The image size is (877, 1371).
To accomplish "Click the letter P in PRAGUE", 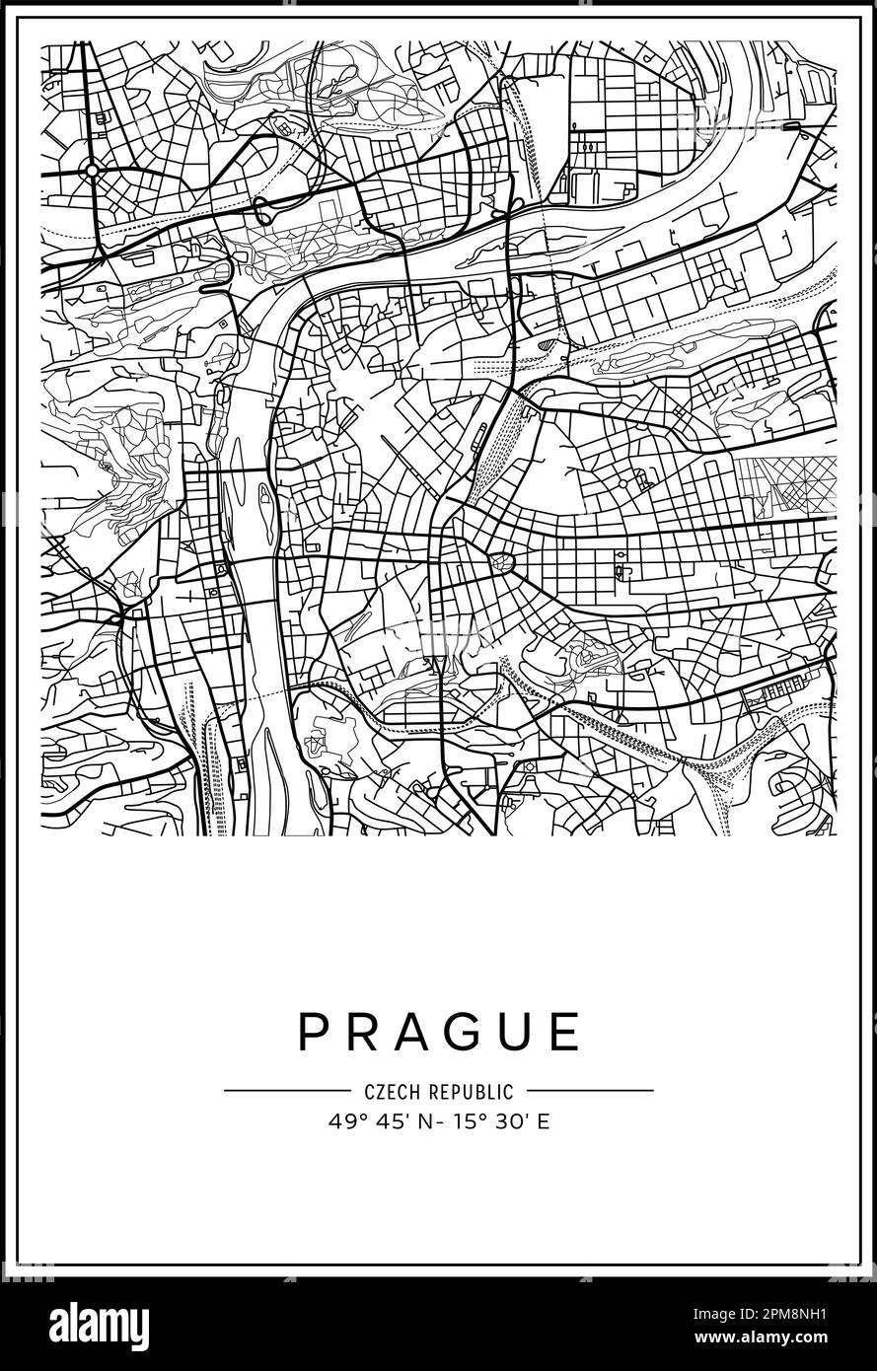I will point(314,1032).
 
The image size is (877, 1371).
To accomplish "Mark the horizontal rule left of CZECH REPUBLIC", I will point(286,1091).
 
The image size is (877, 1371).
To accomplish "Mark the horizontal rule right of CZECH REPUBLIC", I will point(590,1091).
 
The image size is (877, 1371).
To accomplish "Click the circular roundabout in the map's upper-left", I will point(92,171).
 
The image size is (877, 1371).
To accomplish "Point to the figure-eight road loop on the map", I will point(264,209).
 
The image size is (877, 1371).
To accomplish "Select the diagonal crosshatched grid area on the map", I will point(784,485).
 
